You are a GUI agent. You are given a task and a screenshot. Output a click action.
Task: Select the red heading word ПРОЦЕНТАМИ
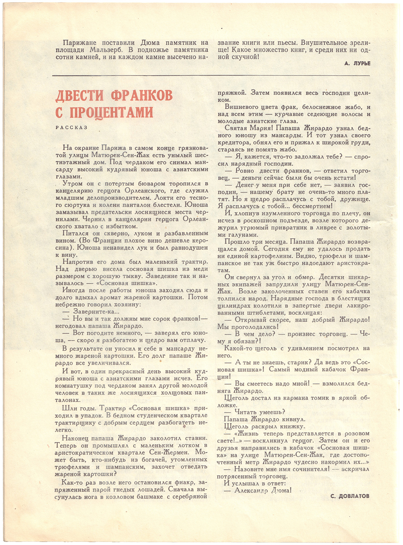pyautogui.click(x=111, y=112)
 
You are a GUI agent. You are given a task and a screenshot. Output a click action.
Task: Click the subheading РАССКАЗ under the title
pyautogui.click(x=72, y=128)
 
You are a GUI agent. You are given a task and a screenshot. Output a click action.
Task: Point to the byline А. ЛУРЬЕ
pyautogui.click(x=357, y=63)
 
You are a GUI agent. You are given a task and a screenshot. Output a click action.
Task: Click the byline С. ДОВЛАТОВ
pyautogui.click(x=350, y=496)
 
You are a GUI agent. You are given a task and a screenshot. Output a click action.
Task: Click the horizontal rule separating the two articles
pyautogui.click(x=211, y=76)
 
